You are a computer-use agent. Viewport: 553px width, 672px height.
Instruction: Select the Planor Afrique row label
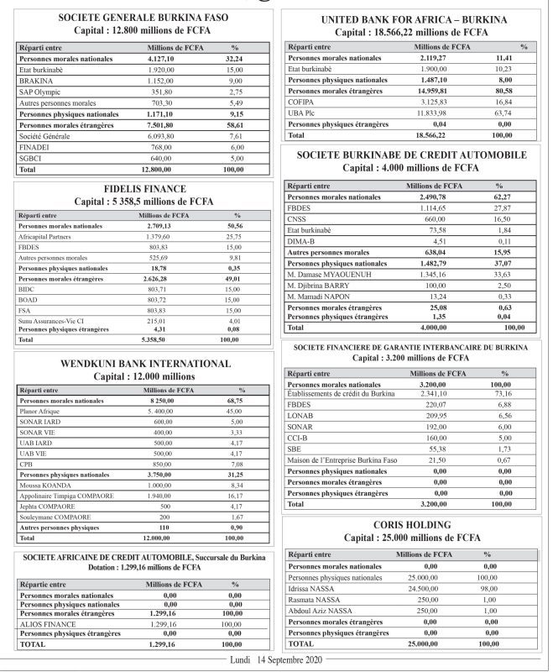[43, 411]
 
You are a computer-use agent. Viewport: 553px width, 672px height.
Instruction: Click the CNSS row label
[299, 218]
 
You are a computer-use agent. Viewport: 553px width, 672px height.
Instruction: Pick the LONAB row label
[301, 416]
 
